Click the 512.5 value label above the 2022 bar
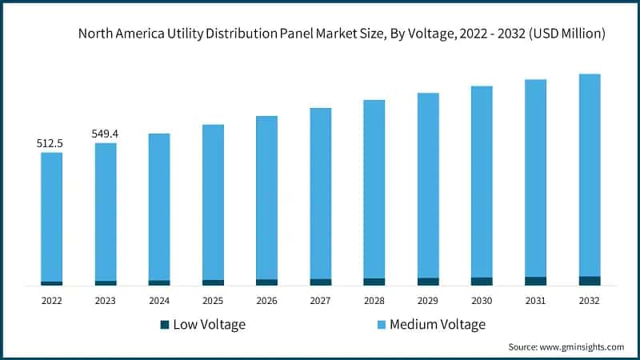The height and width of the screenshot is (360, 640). (50, 143)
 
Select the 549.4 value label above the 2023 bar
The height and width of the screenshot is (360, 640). (105, 134)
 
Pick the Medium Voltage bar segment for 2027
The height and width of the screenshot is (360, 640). (321, 193)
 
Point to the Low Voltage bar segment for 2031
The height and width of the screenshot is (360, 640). (536, 281)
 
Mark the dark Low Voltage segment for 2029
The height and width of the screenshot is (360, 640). (428, 282)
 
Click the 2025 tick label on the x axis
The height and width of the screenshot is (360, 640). (213, 301)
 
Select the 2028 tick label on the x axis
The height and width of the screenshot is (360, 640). (374, 301)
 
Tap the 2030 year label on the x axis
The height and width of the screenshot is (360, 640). (482, 301)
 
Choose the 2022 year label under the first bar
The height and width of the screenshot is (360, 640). (51, 301)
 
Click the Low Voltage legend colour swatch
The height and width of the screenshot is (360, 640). (165, 325)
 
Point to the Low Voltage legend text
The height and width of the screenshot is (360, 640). (210, 325)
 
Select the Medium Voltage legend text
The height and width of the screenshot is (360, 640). (438, 325)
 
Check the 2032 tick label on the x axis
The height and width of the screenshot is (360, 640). (590, 301)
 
